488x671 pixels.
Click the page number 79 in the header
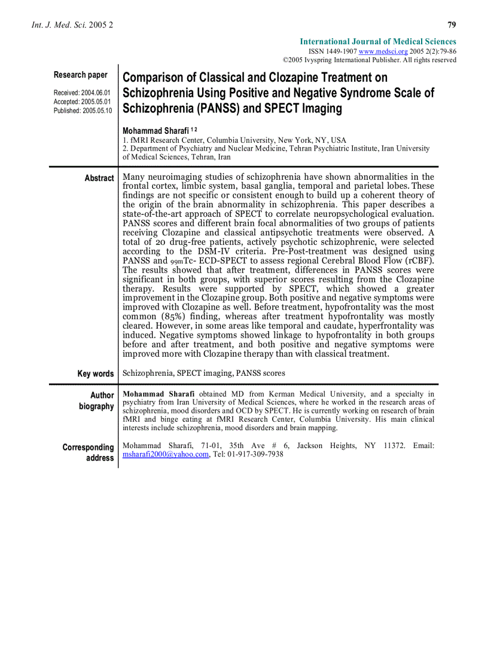click(452, 25)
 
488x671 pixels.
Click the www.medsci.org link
click(374, 51)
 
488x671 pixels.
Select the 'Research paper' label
click(81, 75)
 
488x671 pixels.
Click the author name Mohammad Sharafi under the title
click(155, 131)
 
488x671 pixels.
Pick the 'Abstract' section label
click(99, 178)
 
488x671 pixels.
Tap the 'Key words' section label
click(95, 373)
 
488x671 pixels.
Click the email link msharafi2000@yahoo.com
click(166, 455)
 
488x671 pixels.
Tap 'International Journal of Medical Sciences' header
click(377, 42)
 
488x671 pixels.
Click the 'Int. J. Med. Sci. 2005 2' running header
click(71, 26)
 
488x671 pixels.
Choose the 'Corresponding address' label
click(89, 452)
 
